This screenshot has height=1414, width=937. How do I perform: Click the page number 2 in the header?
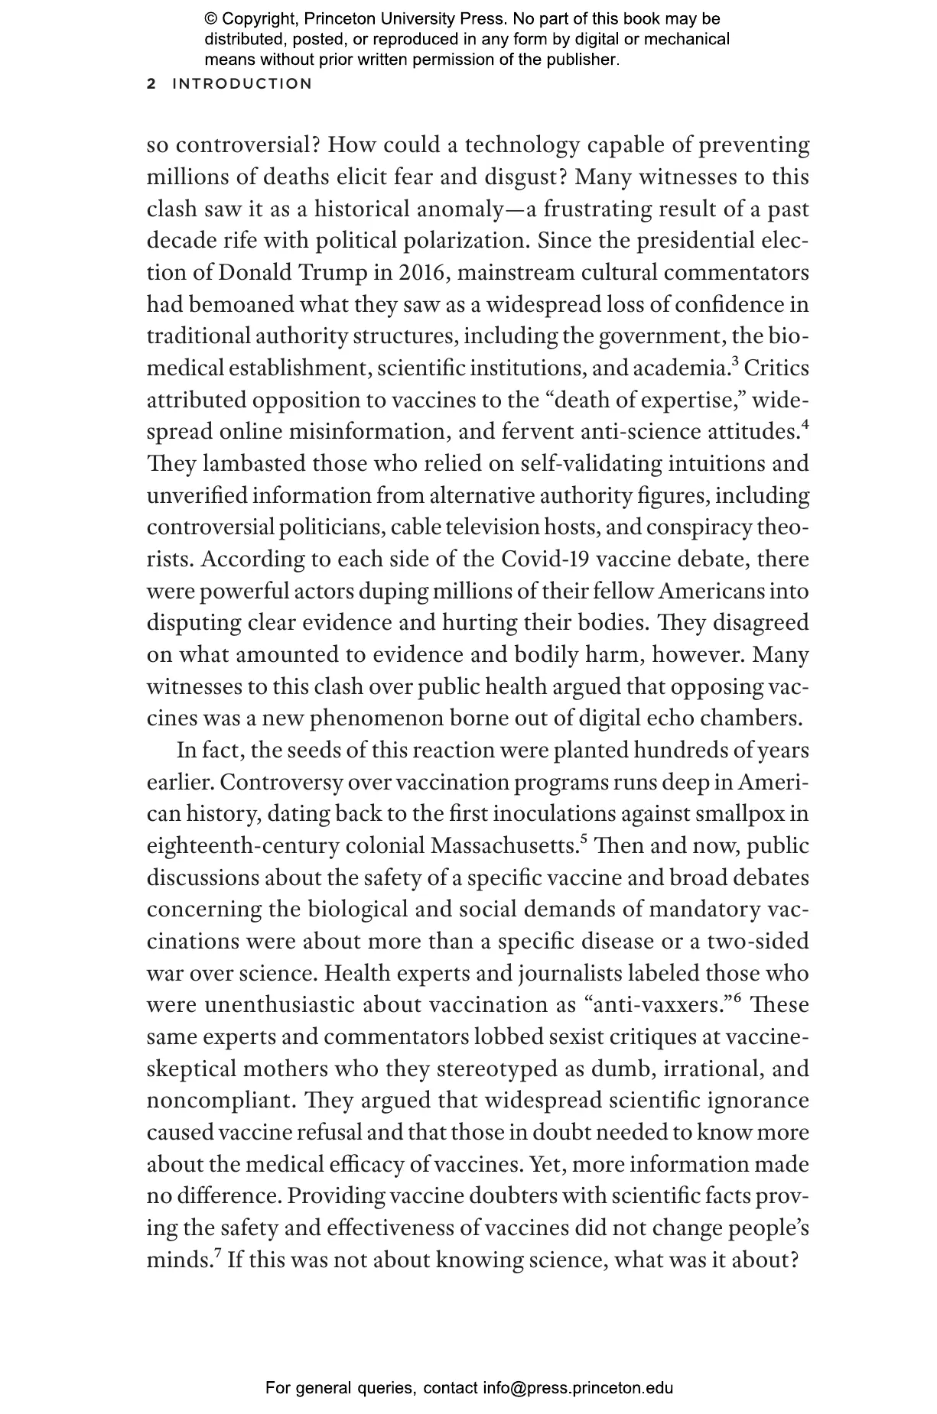151,84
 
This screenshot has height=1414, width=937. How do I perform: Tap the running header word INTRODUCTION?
242,84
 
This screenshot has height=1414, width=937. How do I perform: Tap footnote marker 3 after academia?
735,362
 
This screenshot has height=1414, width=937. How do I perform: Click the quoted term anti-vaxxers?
659,1006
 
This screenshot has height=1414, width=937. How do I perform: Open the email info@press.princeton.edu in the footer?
577,1388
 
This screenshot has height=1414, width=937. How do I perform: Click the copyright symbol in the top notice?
211,19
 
